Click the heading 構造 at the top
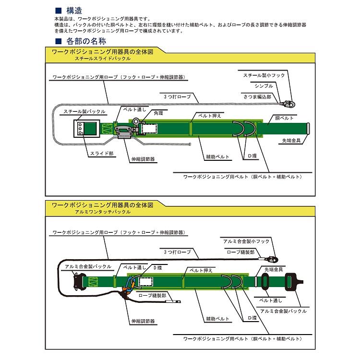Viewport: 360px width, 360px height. [75, 10]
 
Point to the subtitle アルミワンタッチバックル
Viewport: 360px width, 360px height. [103, 211]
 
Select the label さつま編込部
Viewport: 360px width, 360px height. [258, 96]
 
